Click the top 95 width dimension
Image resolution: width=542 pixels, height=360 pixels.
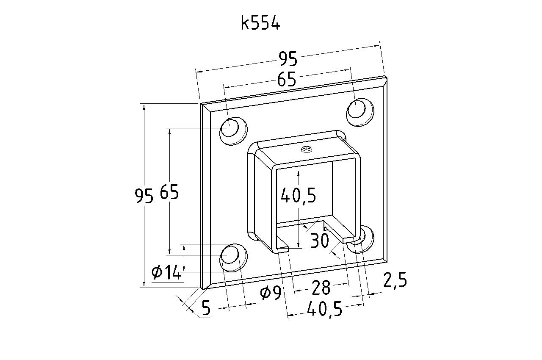[x=288, y=59]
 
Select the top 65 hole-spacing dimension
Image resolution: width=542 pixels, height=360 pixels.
[x=287, y=79]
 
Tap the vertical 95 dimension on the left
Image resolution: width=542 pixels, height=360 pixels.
[x=144, y=196]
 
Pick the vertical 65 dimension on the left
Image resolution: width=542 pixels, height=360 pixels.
[x=169, y=192]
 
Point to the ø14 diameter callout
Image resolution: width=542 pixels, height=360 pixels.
[x=166, y=272]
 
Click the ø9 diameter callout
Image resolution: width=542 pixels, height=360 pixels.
[x=271, y=293]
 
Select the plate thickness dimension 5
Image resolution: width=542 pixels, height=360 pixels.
[x=206, y=308]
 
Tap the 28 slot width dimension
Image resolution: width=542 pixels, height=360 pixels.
[x=321, y=288]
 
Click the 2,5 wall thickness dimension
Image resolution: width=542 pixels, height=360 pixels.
[x=395, y=280]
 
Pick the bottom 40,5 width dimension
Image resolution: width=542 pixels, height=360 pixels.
[x=325, y=309]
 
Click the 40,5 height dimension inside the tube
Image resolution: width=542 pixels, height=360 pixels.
[x=299, y=195]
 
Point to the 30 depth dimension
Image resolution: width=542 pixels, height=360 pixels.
[x=319, y=241]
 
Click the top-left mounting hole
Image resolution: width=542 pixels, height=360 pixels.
[x=233, y=131]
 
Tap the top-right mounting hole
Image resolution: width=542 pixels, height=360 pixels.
[x=360, y=112]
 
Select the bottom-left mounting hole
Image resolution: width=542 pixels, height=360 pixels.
[x=233, y=258]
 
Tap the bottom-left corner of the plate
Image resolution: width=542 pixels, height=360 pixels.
[x=201, y=288]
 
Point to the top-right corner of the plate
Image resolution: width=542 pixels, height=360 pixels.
[x=386, y=77]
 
